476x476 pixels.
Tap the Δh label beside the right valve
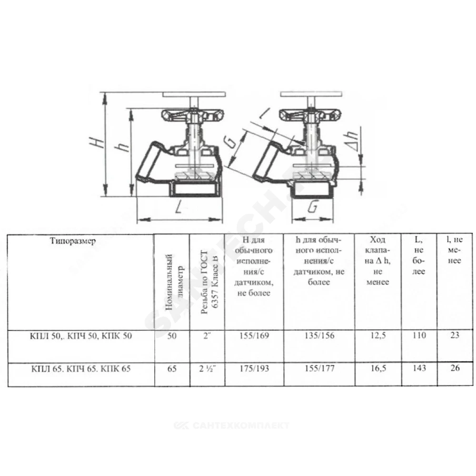(x=352, y=141)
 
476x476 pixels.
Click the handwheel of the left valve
(x=193, y=115)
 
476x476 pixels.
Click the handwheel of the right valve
(x=310, y=115)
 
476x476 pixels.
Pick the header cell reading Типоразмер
(x=73, y=241)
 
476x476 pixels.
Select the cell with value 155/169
(x=254, y=336)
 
